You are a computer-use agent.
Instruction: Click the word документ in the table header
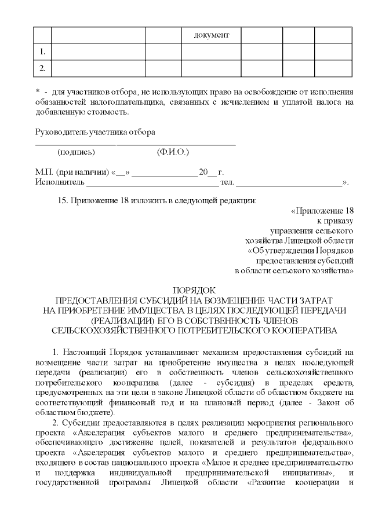click(x=212, y=35)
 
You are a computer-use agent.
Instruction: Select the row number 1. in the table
click(x=42, y=52)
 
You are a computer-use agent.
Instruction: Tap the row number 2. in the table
click(x=42, y=69)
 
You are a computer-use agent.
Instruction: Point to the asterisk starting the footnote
click(x=37, y=91)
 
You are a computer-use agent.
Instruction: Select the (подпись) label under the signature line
click(x=76, y=152)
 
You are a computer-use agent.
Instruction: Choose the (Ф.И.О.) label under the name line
click(x=173, y=152)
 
